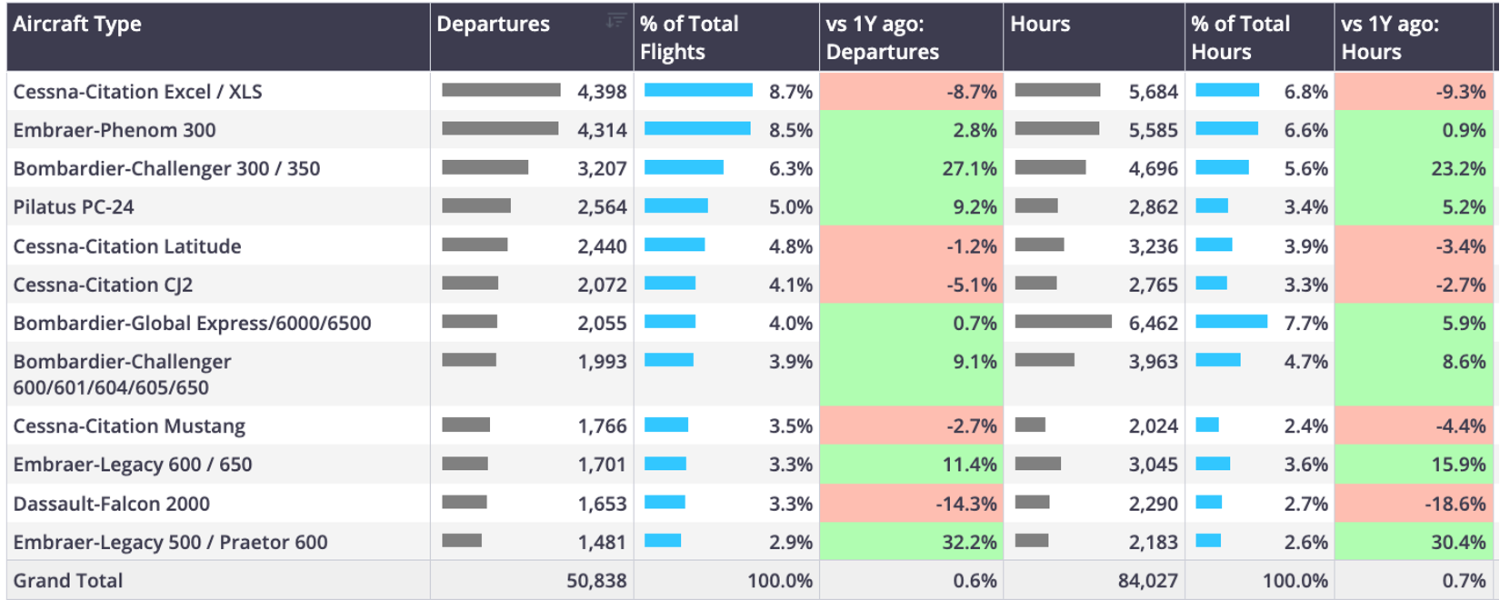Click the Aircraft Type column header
click(77, 25)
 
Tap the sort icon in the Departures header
click(616, 21)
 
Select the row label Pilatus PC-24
click(74, 207)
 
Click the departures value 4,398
click(602, 91)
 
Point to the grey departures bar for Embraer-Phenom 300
click(500, 128)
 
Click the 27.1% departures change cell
click(912, 168)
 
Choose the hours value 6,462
click(1153, 323)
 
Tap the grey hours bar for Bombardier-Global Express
click(1064, 322)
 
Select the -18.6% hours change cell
click(1415, 503)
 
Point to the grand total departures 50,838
click(596, 580)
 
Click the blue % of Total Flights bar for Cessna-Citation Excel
click(698, 90)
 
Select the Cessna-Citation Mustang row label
click(129, 425)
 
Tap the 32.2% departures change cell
click(912, 542)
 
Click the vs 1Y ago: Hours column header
click(1390, 37)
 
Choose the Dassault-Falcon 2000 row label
click(111, 504)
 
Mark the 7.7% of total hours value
click(1305, 323)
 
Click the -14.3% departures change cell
click(912, 503)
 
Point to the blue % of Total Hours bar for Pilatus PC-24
click(1212, 205)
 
